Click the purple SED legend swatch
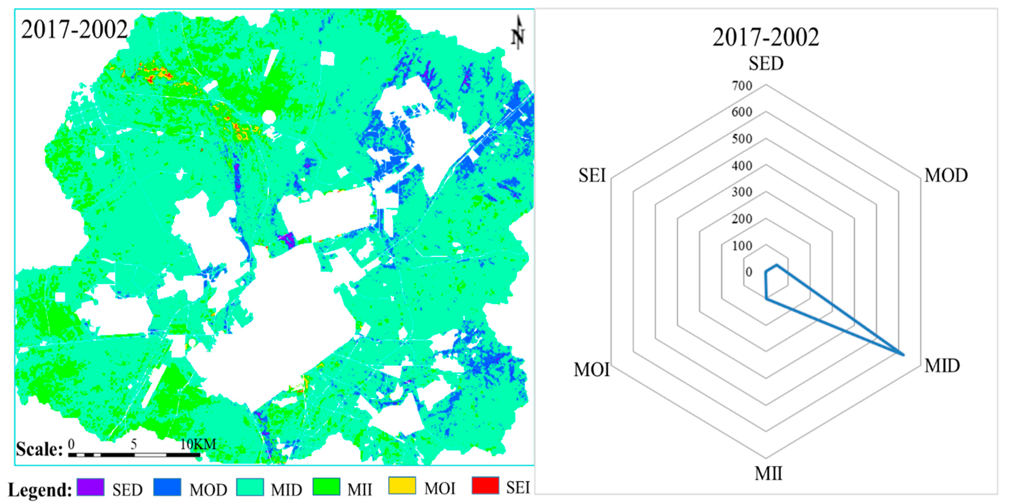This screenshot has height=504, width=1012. click(91, 487)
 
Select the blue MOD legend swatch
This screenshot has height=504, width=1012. click(167, 487)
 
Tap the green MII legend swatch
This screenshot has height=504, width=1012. click(326, 487)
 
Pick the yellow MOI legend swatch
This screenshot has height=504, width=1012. click(402, 486)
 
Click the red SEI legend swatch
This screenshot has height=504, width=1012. click(486, 486)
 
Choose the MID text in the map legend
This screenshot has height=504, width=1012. click(286, 490)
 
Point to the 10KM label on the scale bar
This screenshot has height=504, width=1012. click(198, 444)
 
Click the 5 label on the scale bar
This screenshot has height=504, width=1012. click(134, 444)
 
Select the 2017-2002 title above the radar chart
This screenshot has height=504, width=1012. click(766, 37)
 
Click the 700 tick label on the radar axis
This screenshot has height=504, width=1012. click(742, 86)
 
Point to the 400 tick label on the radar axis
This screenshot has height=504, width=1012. click(742, 166)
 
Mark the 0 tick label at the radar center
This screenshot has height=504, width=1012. click(749, 272)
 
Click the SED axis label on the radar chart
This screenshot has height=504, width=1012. click(766, 64)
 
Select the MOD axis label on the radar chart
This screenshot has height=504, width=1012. click(946, 176)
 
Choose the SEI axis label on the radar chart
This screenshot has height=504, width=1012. click(592, 176)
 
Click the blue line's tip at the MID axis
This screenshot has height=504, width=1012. click(904, 355)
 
